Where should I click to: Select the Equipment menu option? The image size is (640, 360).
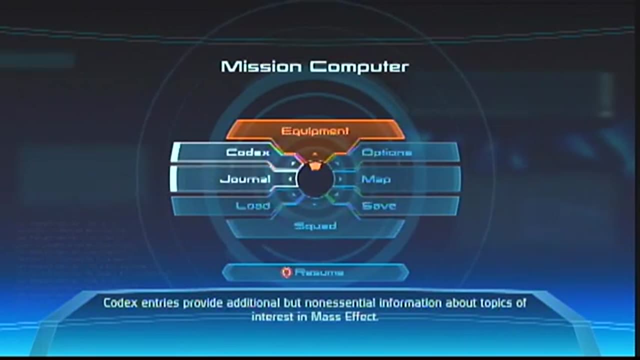(x=315, y=131)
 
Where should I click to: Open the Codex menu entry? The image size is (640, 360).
(x=248, y=152)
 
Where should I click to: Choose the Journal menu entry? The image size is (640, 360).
(x=245, y=179)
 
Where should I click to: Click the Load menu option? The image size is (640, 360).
(x=253, y=205)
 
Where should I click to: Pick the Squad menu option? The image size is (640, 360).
(x=315, y=226)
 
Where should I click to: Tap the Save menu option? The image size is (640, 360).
(x=379, y=205)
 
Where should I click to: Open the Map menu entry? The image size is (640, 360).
(x=376, y=179)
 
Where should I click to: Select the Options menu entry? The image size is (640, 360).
(x=386, y=152)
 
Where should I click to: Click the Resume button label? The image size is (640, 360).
(x=319, y=272)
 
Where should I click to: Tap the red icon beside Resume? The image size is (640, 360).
(x=286, y=272)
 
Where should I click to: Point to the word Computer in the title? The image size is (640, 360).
(x=359, y=66)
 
